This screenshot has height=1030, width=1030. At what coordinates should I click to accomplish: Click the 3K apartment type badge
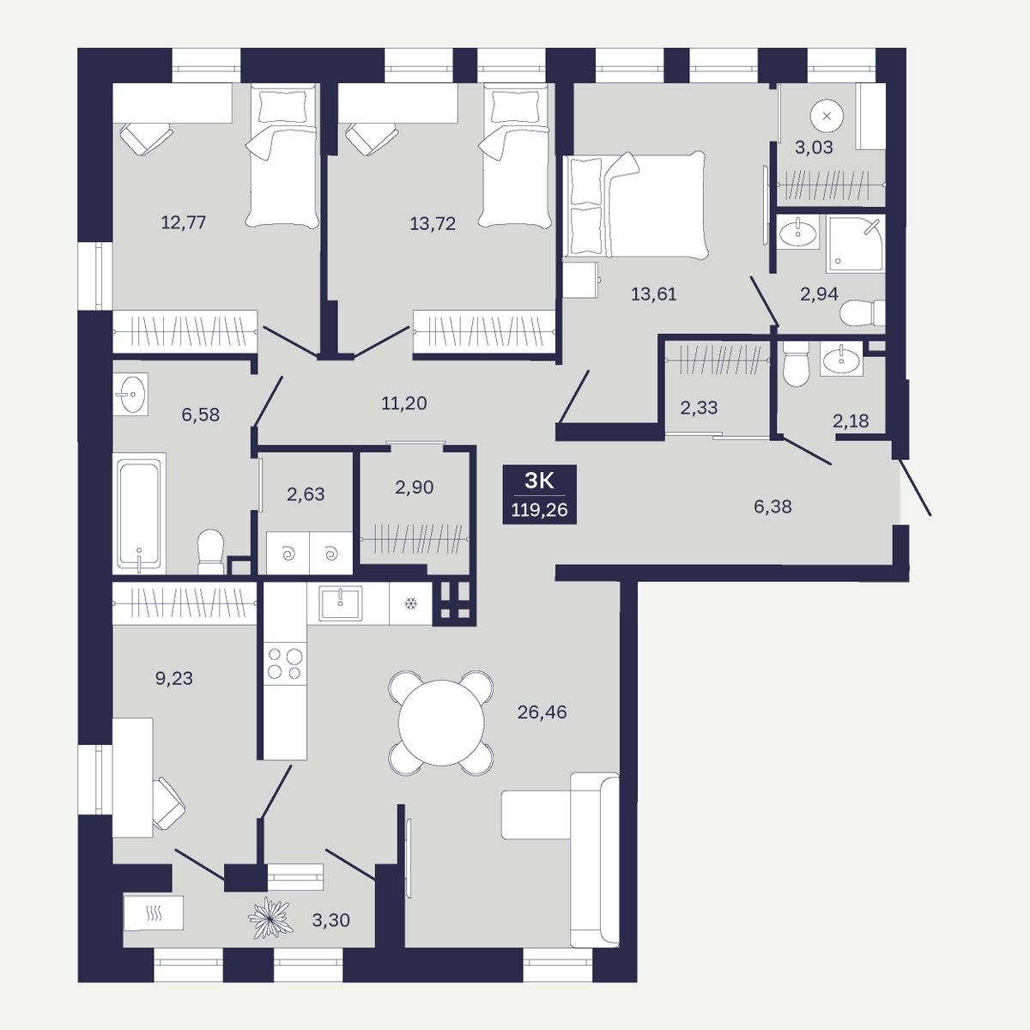(539, 494)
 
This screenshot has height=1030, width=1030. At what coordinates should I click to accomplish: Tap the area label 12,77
(184, 221)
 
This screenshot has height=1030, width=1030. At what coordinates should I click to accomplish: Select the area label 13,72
(433, 223)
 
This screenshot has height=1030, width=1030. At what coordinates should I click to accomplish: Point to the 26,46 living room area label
(542, 712)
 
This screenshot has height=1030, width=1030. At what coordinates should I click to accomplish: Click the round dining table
(441, 723)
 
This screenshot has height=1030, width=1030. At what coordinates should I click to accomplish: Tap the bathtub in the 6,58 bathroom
(139, 513)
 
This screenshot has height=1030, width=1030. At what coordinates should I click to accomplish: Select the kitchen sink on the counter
(341, 603)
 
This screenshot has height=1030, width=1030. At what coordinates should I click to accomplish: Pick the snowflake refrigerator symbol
(410, 604)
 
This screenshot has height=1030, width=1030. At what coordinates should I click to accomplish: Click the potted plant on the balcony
(270, 918)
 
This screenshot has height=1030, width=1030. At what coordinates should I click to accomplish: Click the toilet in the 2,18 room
(796, 363)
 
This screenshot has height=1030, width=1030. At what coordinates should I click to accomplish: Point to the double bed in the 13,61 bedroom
(636, 206)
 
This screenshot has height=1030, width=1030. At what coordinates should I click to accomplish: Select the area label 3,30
(330, 920)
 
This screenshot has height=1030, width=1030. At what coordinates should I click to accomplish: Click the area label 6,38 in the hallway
(772, 506)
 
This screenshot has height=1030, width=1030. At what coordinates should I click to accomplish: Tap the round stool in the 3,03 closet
(827, 116)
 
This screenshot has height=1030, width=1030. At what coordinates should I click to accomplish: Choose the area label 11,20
(404, 403)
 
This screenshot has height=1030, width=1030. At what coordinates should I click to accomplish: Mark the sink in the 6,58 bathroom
(130, 395)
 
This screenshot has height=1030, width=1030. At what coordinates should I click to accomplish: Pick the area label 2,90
(415, 487)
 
